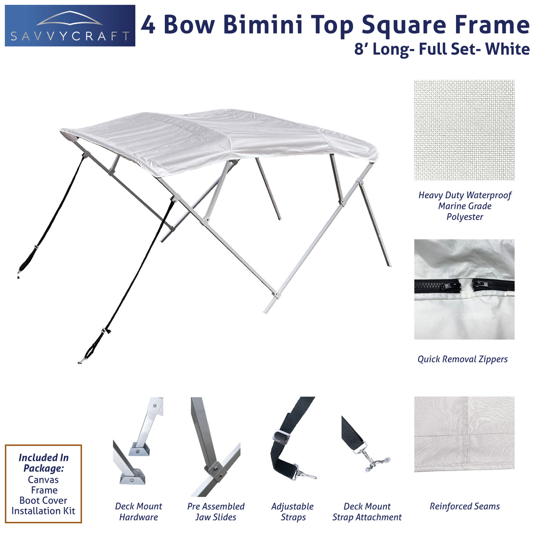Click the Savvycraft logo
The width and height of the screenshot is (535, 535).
click(70, 26)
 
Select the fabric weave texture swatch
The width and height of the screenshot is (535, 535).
click(464, 130)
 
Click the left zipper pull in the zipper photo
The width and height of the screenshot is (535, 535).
click(443, 286)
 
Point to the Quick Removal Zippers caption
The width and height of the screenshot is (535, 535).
click(462, 359)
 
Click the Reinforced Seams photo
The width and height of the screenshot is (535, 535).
click(464, 434)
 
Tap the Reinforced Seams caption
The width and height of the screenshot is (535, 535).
click(464, 506)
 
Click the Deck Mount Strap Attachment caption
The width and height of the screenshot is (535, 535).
click(367, 512)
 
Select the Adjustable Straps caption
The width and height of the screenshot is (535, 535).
click(293, 512)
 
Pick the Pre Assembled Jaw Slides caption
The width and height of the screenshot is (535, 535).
click(215, 512)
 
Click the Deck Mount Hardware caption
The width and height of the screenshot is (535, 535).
click(138, 512)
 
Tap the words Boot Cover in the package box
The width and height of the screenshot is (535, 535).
click(43, 501)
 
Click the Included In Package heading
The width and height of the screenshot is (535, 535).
click(43, 463)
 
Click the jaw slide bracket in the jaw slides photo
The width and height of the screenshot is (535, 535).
click(214, 470)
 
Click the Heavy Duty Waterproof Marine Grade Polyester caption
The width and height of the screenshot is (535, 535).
click(464, 206)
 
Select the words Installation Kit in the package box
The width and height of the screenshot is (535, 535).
click(43, 511)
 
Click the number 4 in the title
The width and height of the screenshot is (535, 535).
click(149, 25)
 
